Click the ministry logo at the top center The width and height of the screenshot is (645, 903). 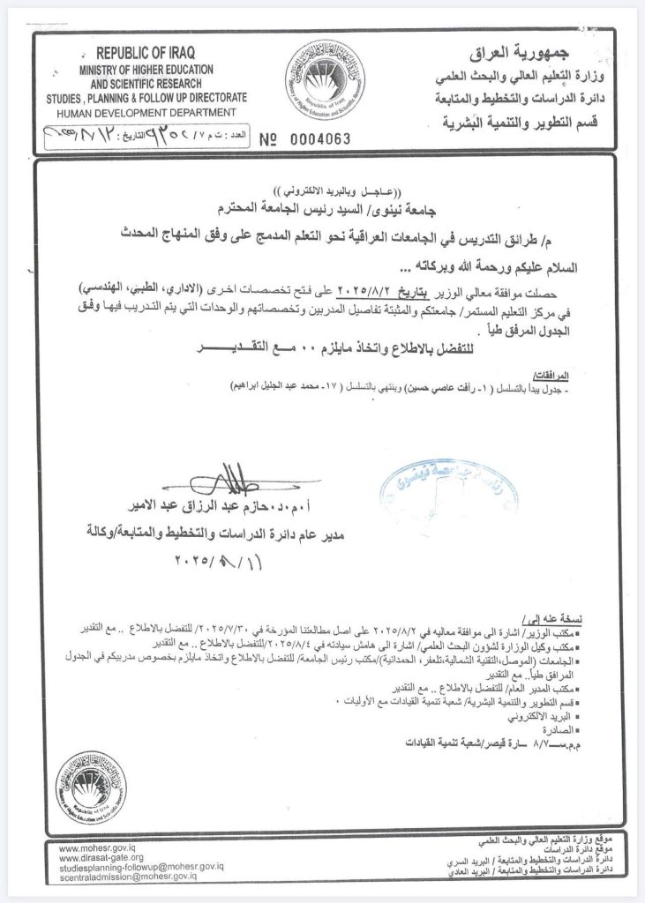pos(326,80)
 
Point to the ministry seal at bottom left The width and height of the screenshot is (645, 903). pos(91,783)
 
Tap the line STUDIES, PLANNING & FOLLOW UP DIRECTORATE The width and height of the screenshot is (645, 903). pos(141,101)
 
